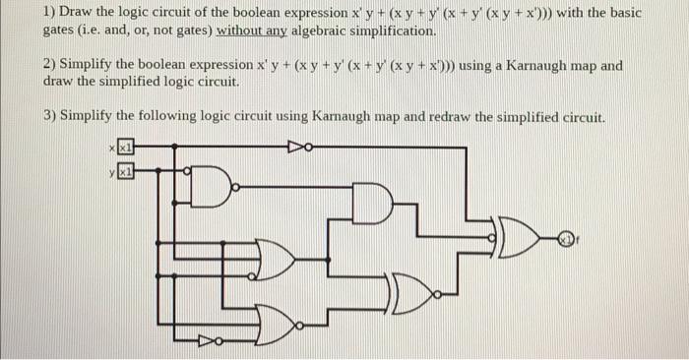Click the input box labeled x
pos(125,148)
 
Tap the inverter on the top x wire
pos(299,148)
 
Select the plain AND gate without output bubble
pos(374,207)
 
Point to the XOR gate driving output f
pos(519,237)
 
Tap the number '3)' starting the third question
pos(51,115)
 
